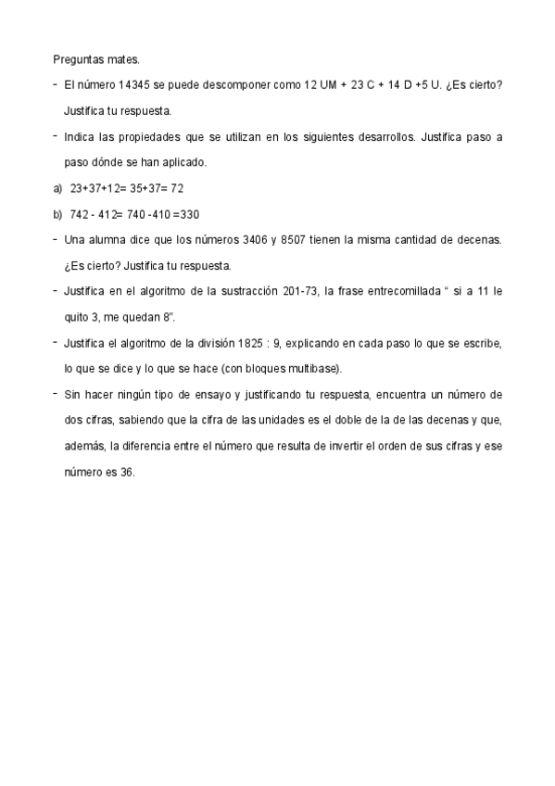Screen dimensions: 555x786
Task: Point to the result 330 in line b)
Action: (189, 214)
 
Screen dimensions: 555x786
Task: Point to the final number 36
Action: (127, 472)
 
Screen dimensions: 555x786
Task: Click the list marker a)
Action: (57, 188)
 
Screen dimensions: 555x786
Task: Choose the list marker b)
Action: (57, 214)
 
